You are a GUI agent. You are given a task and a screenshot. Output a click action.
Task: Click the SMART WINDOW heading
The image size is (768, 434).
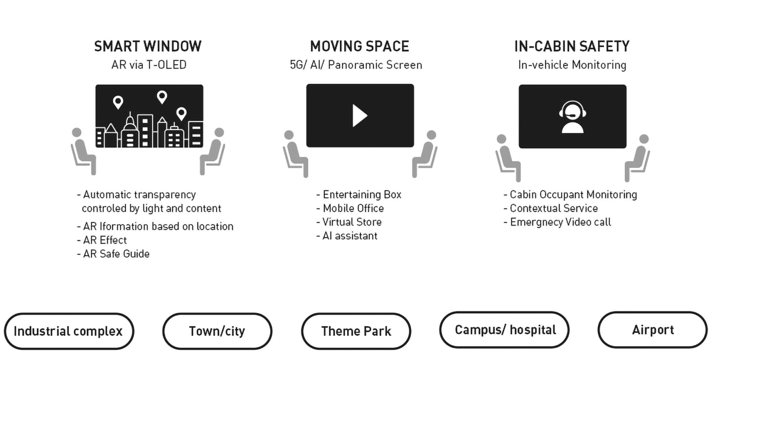point(148,47)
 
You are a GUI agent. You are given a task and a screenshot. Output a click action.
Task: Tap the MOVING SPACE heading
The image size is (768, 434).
point(359,47)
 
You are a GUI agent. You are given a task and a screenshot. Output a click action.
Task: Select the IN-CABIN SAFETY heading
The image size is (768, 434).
point(571,47)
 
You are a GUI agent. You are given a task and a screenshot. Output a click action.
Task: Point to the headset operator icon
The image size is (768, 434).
point(572,117)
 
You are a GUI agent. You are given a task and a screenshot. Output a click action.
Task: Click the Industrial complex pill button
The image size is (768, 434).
point(69,331)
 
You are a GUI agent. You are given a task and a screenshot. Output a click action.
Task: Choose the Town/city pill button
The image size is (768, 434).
point(217,331)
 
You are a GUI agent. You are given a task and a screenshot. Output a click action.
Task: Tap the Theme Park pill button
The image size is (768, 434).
point(356,331)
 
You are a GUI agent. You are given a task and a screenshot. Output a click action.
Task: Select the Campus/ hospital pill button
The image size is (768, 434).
point(504,330)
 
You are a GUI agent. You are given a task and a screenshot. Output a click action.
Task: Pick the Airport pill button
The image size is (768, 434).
point(652,330)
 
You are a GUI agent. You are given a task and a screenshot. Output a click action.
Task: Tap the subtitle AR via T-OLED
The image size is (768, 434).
point(149,65)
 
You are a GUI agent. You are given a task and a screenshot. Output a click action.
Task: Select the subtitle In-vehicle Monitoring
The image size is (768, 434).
point(572,65)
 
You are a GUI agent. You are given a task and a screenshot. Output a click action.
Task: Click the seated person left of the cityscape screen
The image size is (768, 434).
point(83,151)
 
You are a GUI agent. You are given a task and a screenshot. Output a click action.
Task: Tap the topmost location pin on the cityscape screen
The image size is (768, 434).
point(162,97)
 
